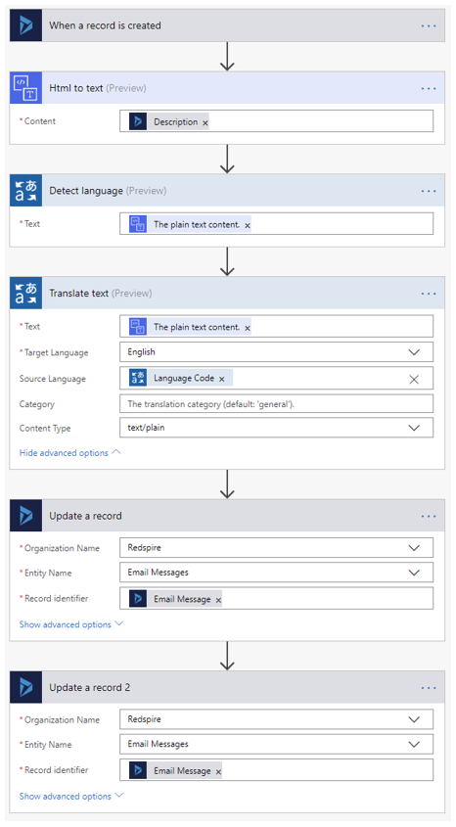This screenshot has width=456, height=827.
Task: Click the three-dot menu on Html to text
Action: click(429, 89)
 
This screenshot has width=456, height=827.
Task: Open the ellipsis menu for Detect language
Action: click(429, 191)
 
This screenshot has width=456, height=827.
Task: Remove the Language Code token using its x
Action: click(222, 379)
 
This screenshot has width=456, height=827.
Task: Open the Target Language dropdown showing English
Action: click(276, 351)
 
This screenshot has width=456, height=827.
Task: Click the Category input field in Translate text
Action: click(276, 404)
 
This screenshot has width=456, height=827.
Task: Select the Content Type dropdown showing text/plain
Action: click(276, 428)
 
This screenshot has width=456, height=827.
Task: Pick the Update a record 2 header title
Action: click(90, 688)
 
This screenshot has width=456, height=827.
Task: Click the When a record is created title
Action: click(105, 25)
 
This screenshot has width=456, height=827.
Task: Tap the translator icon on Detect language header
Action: click(25, 191)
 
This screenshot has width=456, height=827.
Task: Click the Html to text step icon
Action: click(25, 88)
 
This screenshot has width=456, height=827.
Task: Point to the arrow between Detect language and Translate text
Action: click(227, 261)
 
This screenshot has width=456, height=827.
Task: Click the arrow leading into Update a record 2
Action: click(227, 656)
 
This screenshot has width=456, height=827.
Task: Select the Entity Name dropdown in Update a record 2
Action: click(276, 744)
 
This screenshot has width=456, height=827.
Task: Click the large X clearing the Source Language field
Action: click(414, 379)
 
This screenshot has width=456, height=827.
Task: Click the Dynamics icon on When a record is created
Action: click(25, 25)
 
